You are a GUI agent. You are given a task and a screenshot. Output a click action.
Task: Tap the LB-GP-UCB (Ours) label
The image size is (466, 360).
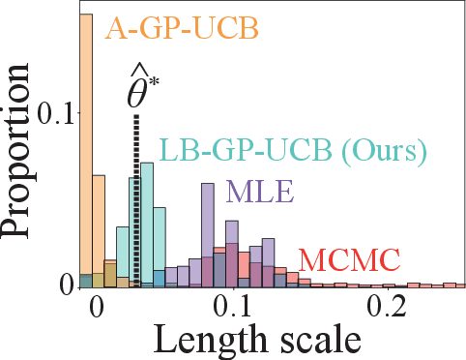292,152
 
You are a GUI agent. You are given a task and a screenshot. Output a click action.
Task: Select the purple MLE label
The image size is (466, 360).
254,192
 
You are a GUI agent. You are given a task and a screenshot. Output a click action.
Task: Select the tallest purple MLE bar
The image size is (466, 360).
207,232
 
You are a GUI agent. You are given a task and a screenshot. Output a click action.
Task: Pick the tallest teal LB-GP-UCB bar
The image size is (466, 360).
147,223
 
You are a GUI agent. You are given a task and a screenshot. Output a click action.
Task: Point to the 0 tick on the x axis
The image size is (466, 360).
95,307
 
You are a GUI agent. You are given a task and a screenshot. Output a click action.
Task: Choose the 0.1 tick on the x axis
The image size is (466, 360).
231,307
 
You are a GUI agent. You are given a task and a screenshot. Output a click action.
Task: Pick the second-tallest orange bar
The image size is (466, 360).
99,230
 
